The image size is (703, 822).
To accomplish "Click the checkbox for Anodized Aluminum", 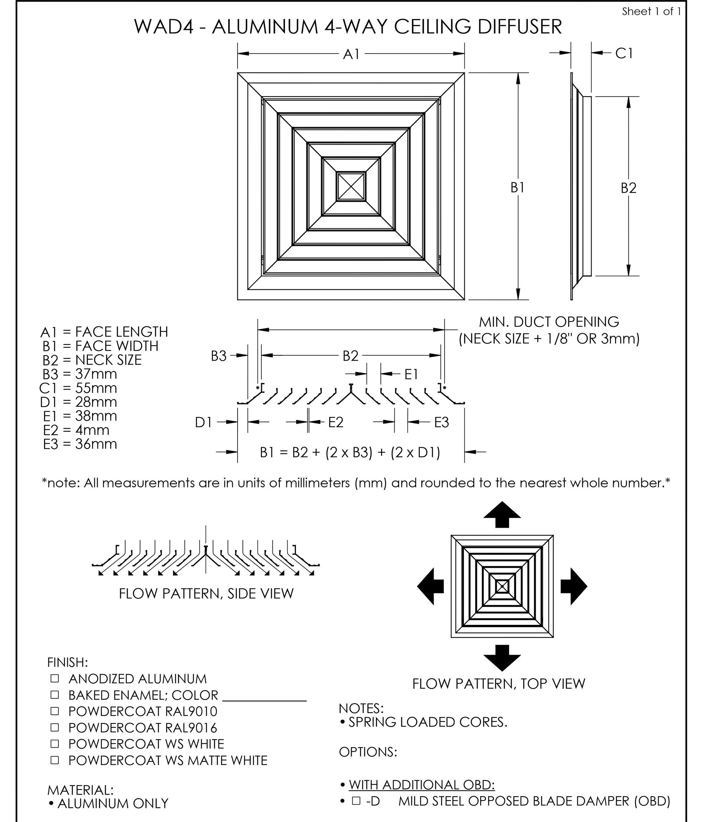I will (x=55, y=678).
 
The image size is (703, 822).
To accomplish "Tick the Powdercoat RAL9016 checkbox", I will (x=55, y=727).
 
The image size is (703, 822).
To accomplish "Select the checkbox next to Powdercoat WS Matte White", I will (x=55, y=760).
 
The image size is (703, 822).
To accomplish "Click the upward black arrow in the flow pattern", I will (x=502, y=515).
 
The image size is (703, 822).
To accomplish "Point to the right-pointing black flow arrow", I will (x=573, y=586).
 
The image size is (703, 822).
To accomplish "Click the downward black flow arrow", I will (x=502, y=657).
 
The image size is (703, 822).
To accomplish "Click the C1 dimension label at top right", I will (x=624, y=53).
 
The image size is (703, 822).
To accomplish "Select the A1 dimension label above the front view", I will (x=351, y=54).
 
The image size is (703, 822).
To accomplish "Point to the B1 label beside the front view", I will (x=517, y=187).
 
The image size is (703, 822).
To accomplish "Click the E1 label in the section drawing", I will (x=411, y=374).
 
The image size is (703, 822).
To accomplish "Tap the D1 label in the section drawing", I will (x=204, y=423).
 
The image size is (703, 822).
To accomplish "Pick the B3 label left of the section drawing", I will (x=218, y=356).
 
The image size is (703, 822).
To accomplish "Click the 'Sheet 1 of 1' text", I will (x=651, y=11).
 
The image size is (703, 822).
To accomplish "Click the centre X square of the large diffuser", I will (x=351, y=186).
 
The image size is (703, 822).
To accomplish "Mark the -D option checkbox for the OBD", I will (x=356, y=801).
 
